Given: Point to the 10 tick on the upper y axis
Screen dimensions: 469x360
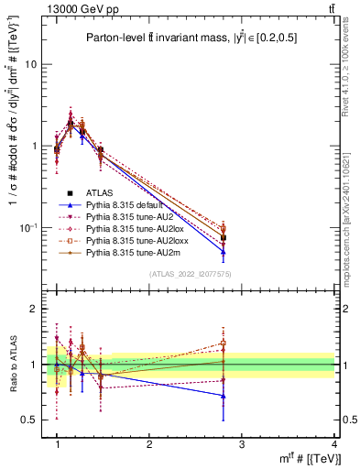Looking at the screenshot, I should [x=30, y=64].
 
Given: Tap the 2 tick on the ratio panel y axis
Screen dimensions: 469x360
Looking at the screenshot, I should [x=33, y=310].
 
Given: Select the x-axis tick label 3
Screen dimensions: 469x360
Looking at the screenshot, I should [x=241, y=445].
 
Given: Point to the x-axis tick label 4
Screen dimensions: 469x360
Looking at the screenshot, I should [x=333, y=445].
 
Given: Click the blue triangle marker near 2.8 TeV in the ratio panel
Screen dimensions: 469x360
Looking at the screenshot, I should [x=224, y=396].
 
